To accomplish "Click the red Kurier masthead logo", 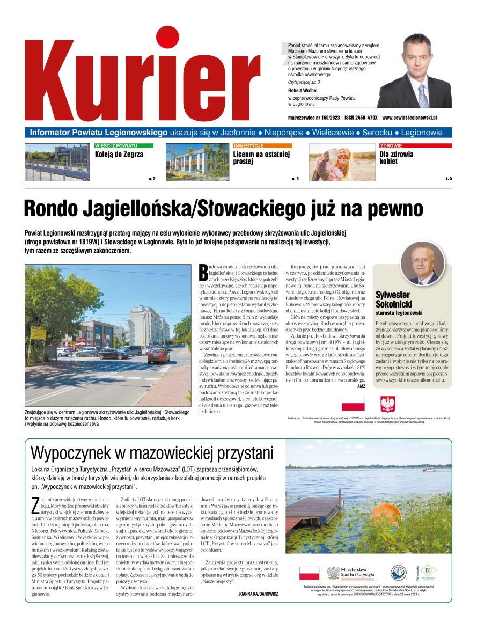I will tap(142, 75).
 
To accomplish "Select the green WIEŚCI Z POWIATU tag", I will tap(123, 145).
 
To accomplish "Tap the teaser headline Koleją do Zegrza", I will tap(119, 155).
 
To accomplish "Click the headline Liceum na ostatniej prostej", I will tap(261, 158).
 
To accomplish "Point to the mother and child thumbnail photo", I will tap(342, 162).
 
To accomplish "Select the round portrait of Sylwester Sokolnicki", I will tap(423, 263).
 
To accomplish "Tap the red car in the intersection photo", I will tap(158, 355).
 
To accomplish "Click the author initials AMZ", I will tap(361, 386).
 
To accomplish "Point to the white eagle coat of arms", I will tap(387, 404).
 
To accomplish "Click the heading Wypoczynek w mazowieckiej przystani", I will tap(151, 453).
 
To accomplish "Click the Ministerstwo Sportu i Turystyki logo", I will tap(351, 573).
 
